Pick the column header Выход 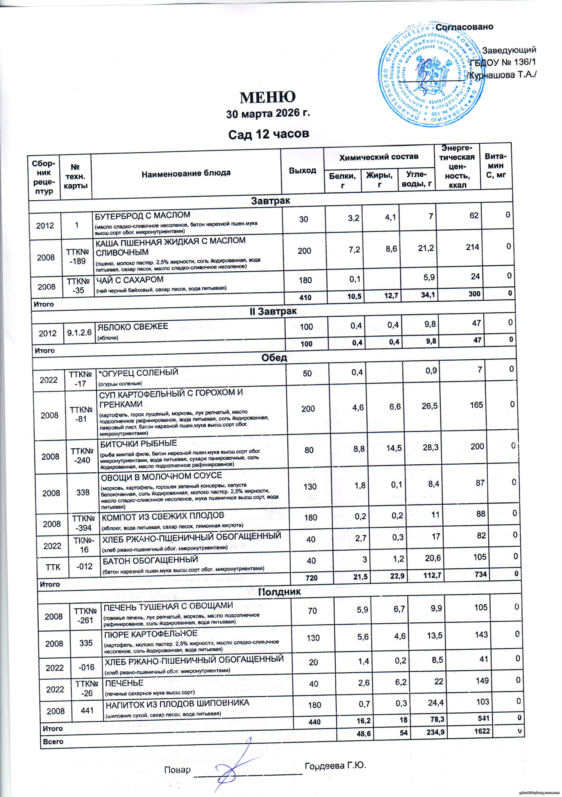303,170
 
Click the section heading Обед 276,358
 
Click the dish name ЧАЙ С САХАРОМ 129,280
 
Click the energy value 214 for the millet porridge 472,247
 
